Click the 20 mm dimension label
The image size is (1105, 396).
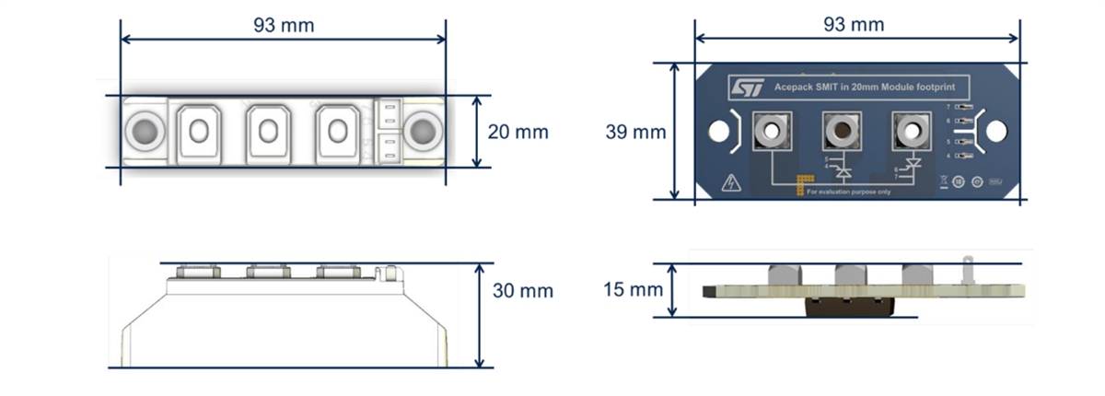pyautogui.click(x=518, y=132)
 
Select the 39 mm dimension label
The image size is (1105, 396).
pyautogui.click(x=634, y=132)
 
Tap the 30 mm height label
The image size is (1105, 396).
pyautogui.click(x=522, y=290)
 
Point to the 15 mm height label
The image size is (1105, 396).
pyautogui.click(x=632, y=290)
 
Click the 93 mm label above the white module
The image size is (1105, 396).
pyautogui.click(x=284, y=25)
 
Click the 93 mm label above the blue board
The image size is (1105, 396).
pyautogui.click(x=856, y=25)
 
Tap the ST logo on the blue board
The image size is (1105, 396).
pyautogui.click(x=747, y=87)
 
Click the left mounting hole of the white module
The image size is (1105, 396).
pyautogui.click(x=144, y=131)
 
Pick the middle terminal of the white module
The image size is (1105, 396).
pyautogui.click(x=267, y=131)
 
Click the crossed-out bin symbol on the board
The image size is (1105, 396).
pyautogui.click(x=944, y=182)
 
